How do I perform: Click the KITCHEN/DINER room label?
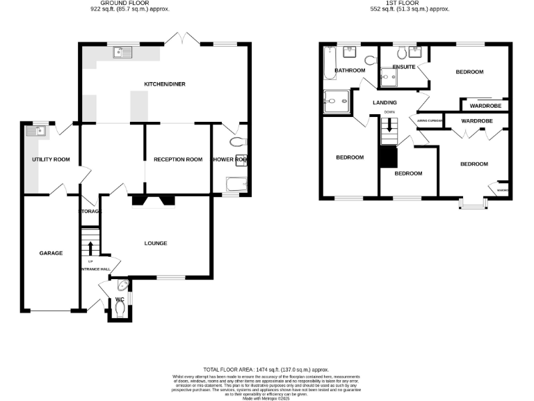(x=164, y=84)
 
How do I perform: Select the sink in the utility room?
(x=34, y=129)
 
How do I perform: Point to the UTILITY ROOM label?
(x=51, y=159)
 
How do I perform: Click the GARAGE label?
(x=51, y=253)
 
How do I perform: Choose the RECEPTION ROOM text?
(x=178, y=159)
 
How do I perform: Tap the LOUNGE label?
(x=156, y=243)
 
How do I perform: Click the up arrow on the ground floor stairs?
(x=90, y=249)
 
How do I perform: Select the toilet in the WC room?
(x=120, y=308)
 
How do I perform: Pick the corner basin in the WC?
(x=123, y=284)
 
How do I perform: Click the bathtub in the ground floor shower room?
(x=234, y=184)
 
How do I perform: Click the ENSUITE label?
(x=404, y=67)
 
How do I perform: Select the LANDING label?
(x=385, y=102)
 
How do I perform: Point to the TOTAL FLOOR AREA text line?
(x=266, y=370)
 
